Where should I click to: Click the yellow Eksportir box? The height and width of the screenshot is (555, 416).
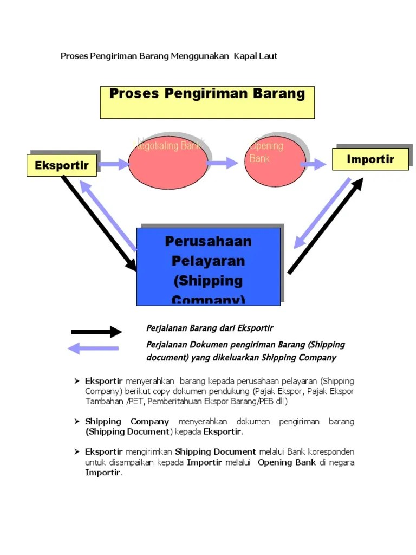coord(61,165)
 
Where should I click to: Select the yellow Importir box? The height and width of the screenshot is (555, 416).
coord(370,159)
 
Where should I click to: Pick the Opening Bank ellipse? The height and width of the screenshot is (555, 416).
coord(275,163)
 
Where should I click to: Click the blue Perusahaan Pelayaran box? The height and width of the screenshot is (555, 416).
coord(209,266)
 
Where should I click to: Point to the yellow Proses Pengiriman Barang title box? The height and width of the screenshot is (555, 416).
coord(207,102)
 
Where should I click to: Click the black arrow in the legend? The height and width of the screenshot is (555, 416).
coord(96,332)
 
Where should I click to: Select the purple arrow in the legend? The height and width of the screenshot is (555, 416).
coord(93,348)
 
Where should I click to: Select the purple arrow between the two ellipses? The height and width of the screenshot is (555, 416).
coord(223,163)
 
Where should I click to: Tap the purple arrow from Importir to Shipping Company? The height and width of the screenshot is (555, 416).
coord(322,213)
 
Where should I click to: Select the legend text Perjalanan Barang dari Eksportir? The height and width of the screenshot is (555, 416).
coord(210,328)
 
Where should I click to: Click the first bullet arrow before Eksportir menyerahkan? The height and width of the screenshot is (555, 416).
coord(77,381)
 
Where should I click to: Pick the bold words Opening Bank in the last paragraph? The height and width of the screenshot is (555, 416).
coord(287,462)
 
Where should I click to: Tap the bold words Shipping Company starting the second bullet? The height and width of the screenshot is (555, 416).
coord(127,421)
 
